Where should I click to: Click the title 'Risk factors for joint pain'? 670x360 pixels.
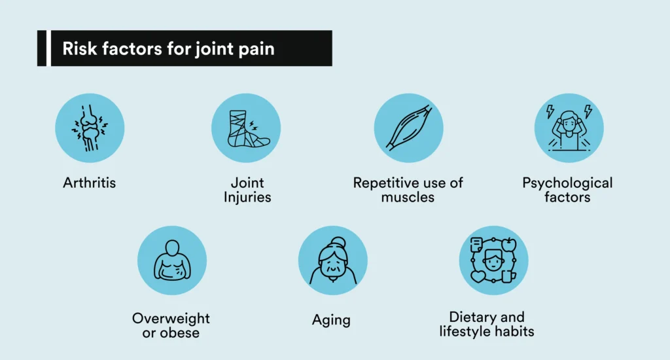coord(168,48)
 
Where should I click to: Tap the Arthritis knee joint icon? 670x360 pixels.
coord(90,128)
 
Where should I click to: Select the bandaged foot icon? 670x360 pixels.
coord(249,129)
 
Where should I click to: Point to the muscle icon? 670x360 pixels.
coord(409,128)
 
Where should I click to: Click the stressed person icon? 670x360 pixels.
coord(569,128)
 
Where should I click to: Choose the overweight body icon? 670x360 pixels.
coord(172,260)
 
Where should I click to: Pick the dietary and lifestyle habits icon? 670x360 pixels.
coord(493,261)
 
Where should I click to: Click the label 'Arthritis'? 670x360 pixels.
coord(89,183)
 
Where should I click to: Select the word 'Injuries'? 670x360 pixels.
coord(247,198)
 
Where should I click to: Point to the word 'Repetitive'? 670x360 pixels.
coord(385,183)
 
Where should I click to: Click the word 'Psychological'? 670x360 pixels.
coord(567,183)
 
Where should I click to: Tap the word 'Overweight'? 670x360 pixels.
coord(171,319)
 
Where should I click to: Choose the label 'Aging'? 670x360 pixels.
coord(331,320)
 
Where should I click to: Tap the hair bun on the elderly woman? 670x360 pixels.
coord(338,242)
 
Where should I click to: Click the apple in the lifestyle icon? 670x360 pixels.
coord(509,245)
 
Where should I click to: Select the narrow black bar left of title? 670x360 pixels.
coord(42,48)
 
